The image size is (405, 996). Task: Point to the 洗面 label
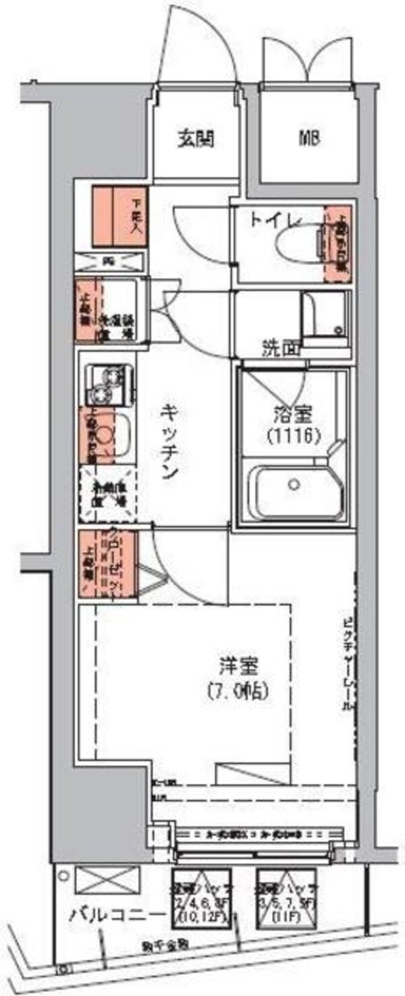pos(280,349)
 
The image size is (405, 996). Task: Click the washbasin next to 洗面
pos(326,316)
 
